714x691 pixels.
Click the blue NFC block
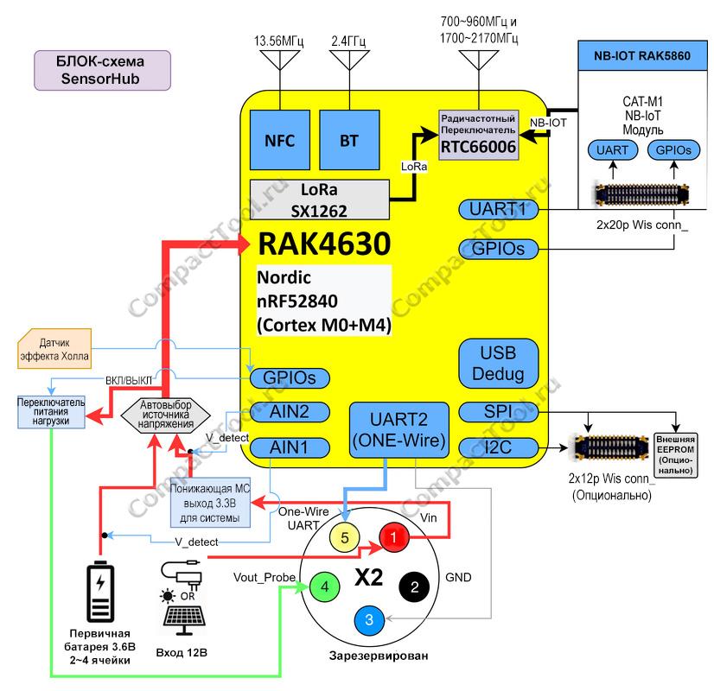279,140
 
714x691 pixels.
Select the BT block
349,140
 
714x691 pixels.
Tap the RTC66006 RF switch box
479,135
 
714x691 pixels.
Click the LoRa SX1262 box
320,200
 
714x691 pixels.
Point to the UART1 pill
498,210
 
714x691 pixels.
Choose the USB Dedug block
498,364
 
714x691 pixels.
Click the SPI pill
498,412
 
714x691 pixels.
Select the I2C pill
498,447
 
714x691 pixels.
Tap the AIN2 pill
290,412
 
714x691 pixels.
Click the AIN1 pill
290,447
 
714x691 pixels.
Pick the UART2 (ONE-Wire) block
398,430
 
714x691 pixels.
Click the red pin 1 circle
394,537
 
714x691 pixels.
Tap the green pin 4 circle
325,586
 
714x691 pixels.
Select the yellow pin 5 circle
345,537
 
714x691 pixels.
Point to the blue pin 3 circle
369,619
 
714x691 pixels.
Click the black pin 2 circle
414,586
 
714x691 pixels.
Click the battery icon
100,592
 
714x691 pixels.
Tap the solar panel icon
184,619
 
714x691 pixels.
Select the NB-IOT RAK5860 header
642,55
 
